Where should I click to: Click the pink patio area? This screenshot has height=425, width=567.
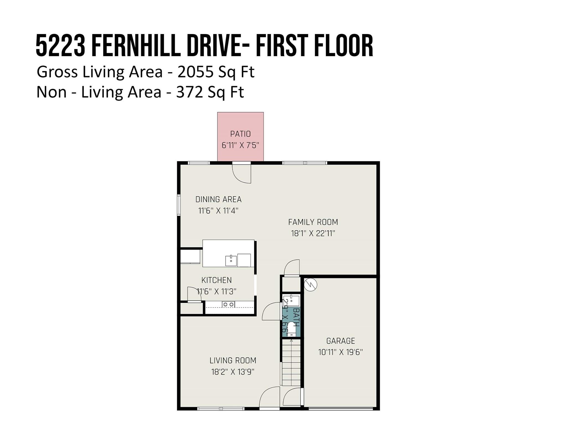coord(240,136)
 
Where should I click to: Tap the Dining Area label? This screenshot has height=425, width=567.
coord(218,199)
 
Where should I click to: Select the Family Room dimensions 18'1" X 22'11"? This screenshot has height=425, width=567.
coord(313,234)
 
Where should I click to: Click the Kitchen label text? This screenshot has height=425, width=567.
coord(217,280)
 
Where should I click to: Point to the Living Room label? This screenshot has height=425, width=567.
coord(233,360)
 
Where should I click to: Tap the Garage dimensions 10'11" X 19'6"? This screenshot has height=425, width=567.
coord(341,352)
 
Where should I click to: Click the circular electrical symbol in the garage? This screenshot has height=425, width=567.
coord(310,285)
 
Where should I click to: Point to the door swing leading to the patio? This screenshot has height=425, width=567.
coord(241,174)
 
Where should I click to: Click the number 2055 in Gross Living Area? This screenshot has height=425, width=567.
coord(195,72)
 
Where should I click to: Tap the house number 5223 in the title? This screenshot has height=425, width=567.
coord(60,46)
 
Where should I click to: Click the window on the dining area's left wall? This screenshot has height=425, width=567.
coord(179,205)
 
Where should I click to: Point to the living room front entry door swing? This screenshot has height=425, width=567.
coord(269,397)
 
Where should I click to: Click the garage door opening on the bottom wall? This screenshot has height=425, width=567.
coord(341,408)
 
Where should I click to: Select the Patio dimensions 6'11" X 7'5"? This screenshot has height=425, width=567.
coord(240,145)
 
